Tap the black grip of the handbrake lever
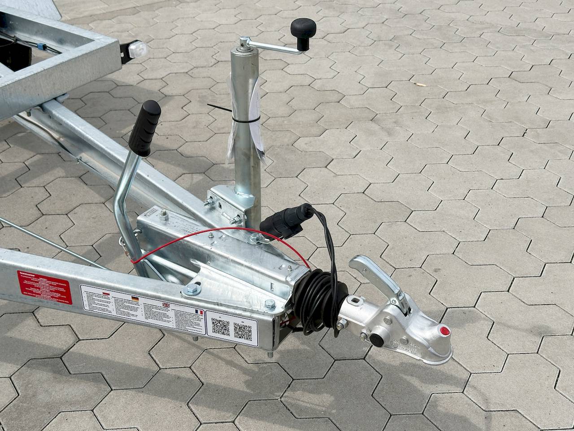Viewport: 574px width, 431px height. pyautogui.click(x=145, y=128)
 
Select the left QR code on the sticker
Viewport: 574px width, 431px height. pyautogui.click(x=221, y=327)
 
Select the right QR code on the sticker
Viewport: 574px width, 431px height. pyautogui.click(x=243, y=331)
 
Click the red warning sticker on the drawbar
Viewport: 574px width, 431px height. pyautogui.click(x=44, y=286)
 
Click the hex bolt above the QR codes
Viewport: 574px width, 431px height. pyautogui.click(x=270, y=304)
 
